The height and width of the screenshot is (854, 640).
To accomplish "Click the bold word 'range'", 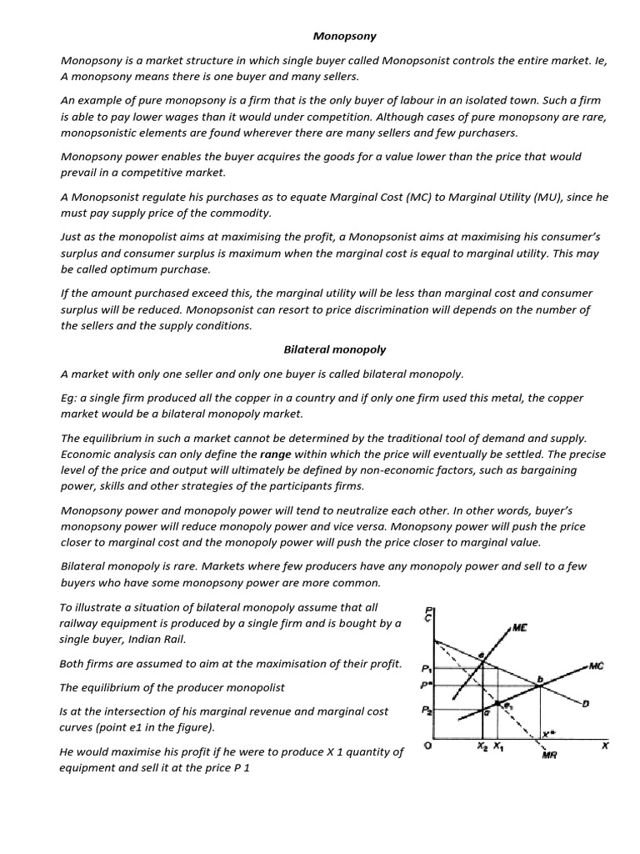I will click(276, 455).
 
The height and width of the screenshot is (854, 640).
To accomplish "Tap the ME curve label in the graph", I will click(519, 628).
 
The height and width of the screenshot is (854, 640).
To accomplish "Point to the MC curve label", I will click(596, 666).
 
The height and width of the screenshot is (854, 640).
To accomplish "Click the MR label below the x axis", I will click(549, 756).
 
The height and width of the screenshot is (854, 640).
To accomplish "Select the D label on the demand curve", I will click(586, 704).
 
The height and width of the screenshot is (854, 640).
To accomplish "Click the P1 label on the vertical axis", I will click(427, 668).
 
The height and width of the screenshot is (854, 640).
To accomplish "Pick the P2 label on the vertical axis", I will click(427, 711).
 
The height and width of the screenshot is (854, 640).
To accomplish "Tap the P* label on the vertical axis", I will click(427, 686).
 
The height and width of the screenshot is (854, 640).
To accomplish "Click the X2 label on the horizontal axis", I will click(482, 746).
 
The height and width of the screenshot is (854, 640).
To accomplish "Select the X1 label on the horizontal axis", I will click(497, 746).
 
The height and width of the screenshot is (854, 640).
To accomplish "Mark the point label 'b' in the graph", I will click(539, 680).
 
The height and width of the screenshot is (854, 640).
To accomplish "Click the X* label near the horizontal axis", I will click(547, 734).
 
